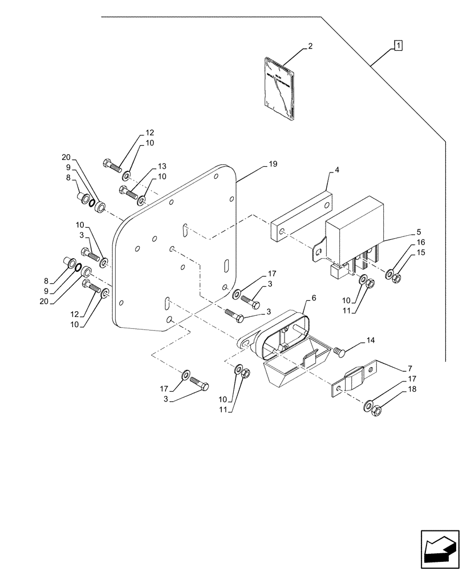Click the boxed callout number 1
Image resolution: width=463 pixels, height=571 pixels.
tap(398, 45)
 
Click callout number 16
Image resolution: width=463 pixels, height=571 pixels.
tap(420, 243)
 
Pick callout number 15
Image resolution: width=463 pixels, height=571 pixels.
tap(420, 252)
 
